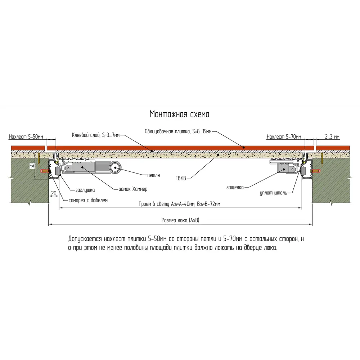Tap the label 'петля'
pyautogui.click(x=153, y=176)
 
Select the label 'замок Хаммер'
pyautogui.click(x=133, y=189)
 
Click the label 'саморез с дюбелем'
pyautogui.click(x=88, y=200)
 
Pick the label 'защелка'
pyautogui.click(x=235, y=187)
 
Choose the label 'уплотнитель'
pyautogui.click(x=273, y=193)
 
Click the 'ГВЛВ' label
pyautogui.click(x=181, y=177)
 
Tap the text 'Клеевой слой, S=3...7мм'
pyautogui.click(x=96, y=135)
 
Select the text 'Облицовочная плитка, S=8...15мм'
pyautogui.click(x=178, y=131)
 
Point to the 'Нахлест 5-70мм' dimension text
pyautogui.click(x=283, y=137)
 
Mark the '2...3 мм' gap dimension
pyautogui.click(x=332, y=137)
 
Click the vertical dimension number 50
pyautogui.click(x=32, y=166)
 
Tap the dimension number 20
pyautogui.click(x=54, y=193)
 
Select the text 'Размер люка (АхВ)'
pyautogui.click(x=180, y=221)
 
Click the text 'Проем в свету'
pyautogui.click(x=153, y=204)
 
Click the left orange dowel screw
pyautogui.click(x=45, y=171)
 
